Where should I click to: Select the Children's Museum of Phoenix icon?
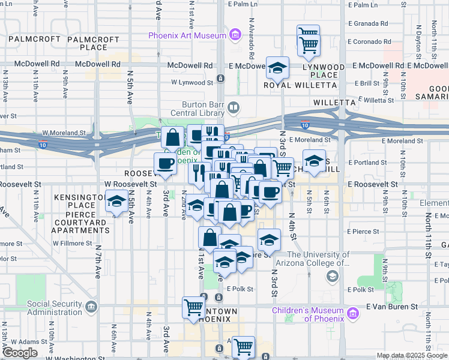point(352,314)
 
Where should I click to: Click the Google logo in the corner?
point(19,353)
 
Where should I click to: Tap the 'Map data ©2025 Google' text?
point(412,355)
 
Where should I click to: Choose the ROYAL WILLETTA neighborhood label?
point(294,85)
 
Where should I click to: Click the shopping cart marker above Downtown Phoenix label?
point(194,307)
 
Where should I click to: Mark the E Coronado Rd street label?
point(370,42)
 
